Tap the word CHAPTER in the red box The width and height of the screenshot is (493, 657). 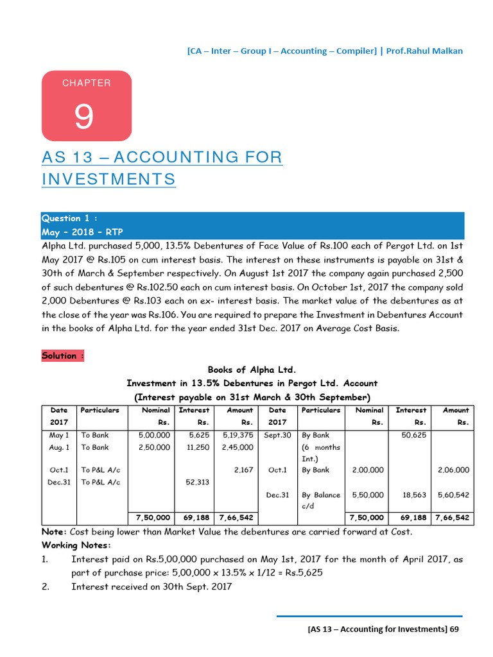87,83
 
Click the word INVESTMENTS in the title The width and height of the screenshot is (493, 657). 108,179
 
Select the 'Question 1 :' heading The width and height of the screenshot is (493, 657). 70,218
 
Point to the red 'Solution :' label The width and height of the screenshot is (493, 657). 63,355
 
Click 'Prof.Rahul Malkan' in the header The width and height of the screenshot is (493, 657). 426,51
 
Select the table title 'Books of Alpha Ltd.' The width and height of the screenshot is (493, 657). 252,370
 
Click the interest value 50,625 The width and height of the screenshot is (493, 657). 414,435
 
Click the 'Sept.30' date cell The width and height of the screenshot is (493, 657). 278,435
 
